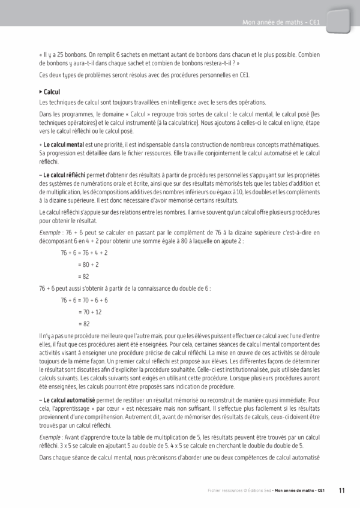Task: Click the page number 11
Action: coord(341,490)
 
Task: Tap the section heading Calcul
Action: coord(52,92)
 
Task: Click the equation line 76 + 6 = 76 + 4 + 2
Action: coord(84,236)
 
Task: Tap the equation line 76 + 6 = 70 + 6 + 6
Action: coord(84,300)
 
